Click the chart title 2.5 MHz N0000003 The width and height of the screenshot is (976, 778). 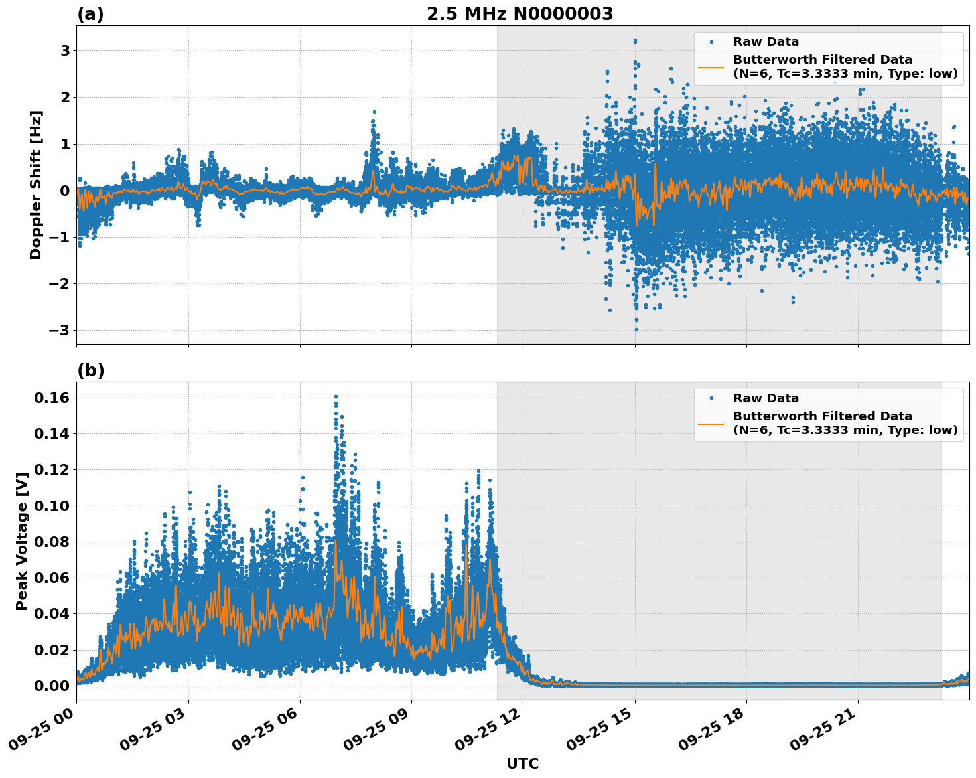[520, 14]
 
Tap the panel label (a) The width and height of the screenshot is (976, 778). [90, 14]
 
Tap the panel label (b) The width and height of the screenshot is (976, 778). [90, 370]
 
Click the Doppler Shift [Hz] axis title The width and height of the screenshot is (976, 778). [36, 185]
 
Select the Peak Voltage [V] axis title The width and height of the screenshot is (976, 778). [22, 541]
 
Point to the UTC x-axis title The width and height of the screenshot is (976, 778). [522, 763]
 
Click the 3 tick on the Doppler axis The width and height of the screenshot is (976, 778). [65, 51]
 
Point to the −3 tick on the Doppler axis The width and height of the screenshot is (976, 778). [60, 331]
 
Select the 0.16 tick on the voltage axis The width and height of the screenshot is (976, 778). [52, 398]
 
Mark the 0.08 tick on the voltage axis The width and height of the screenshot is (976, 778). [52, 542]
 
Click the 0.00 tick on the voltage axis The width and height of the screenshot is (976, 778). [52, 686]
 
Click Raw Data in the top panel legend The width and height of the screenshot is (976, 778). [766, 42]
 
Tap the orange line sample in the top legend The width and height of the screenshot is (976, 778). [711, 66]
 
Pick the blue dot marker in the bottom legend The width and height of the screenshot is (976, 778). [711, 398]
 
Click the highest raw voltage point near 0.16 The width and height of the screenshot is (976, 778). [336, 397]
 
